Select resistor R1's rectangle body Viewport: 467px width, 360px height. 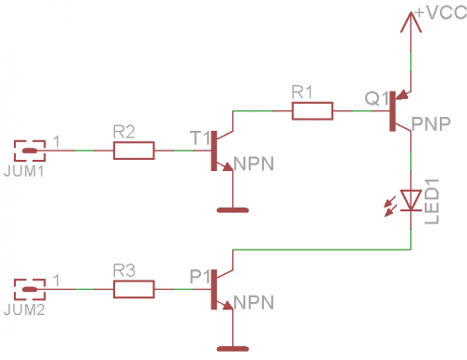(x=312, y=111)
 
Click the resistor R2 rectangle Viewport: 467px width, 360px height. (x=134, y=150)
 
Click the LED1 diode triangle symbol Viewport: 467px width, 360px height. (x=411, y=199)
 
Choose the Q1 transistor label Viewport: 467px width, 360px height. (x=376, y=98)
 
